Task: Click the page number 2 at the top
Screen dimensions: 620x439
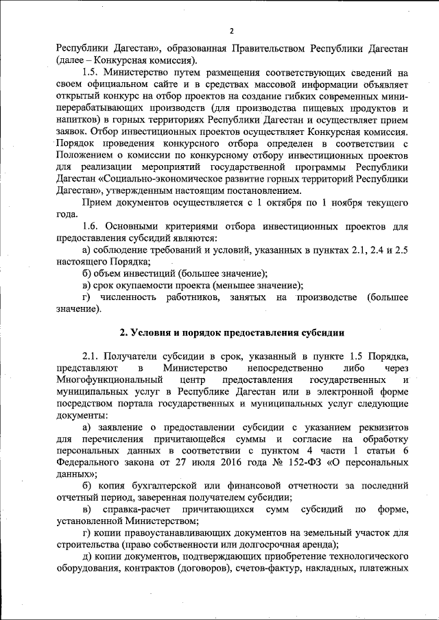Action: [x=232, y=31]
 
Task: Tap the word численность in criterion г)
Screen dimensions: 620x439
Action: [x=126, y=298]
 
